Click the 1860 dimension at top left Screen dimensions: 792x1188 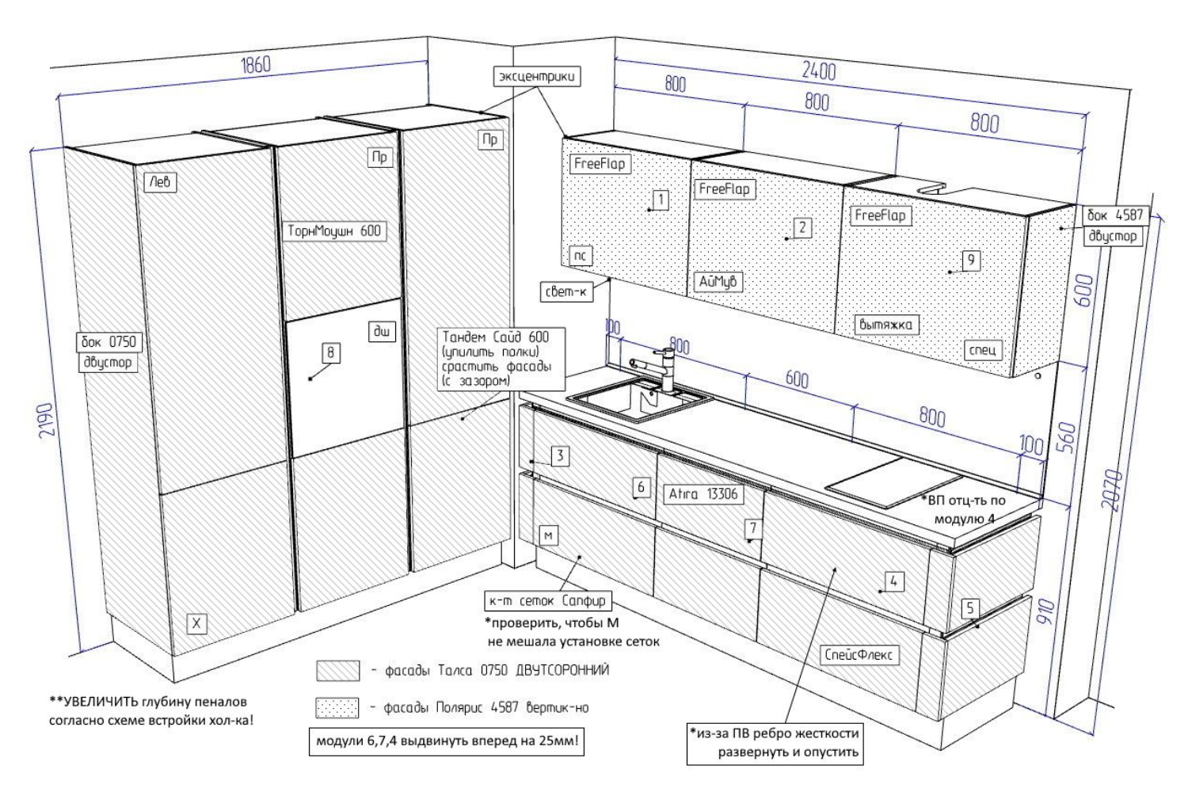pyautogui.click(x=255, y=65)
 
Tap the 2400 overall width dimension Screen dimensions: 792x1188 pyautogui.click(x=818, y=70)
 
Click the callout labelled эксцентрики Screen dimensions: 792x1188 pyautogui.click(x=537, y=77)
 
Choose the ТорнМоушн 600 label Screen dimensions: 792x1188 pyautogui.click(x=334, y=231)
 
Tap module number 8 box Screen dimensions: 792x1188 pyautogui.click(x=331, y=353)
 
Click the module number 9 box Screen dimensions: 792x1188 pyautogui.click(x=971, y=260)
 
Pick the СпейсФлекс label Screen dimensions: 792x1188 pyautogui.click(x=859, y=655)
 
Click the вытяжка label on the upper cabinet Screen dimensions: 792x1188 pyautogui.click(x=885, y=325)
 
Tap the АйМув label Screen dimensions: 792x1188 pyautogui.click(x=719, y=281)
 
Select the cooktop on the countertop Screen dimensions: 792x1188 pyautogui.click(x=893, y=481)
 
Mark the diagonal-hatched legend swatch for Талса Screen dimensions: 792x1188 pyautogui.click(x=337, y=671)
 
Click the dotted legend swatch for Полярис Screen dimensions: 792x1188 pyautogui.click(x=337, y=707)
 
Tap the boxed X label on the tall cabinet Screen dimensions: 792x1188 pyautogui.click(x=197, y=624)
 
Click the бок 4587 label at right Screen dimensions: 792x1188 pyautogui.click(x=1112, y=216)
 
